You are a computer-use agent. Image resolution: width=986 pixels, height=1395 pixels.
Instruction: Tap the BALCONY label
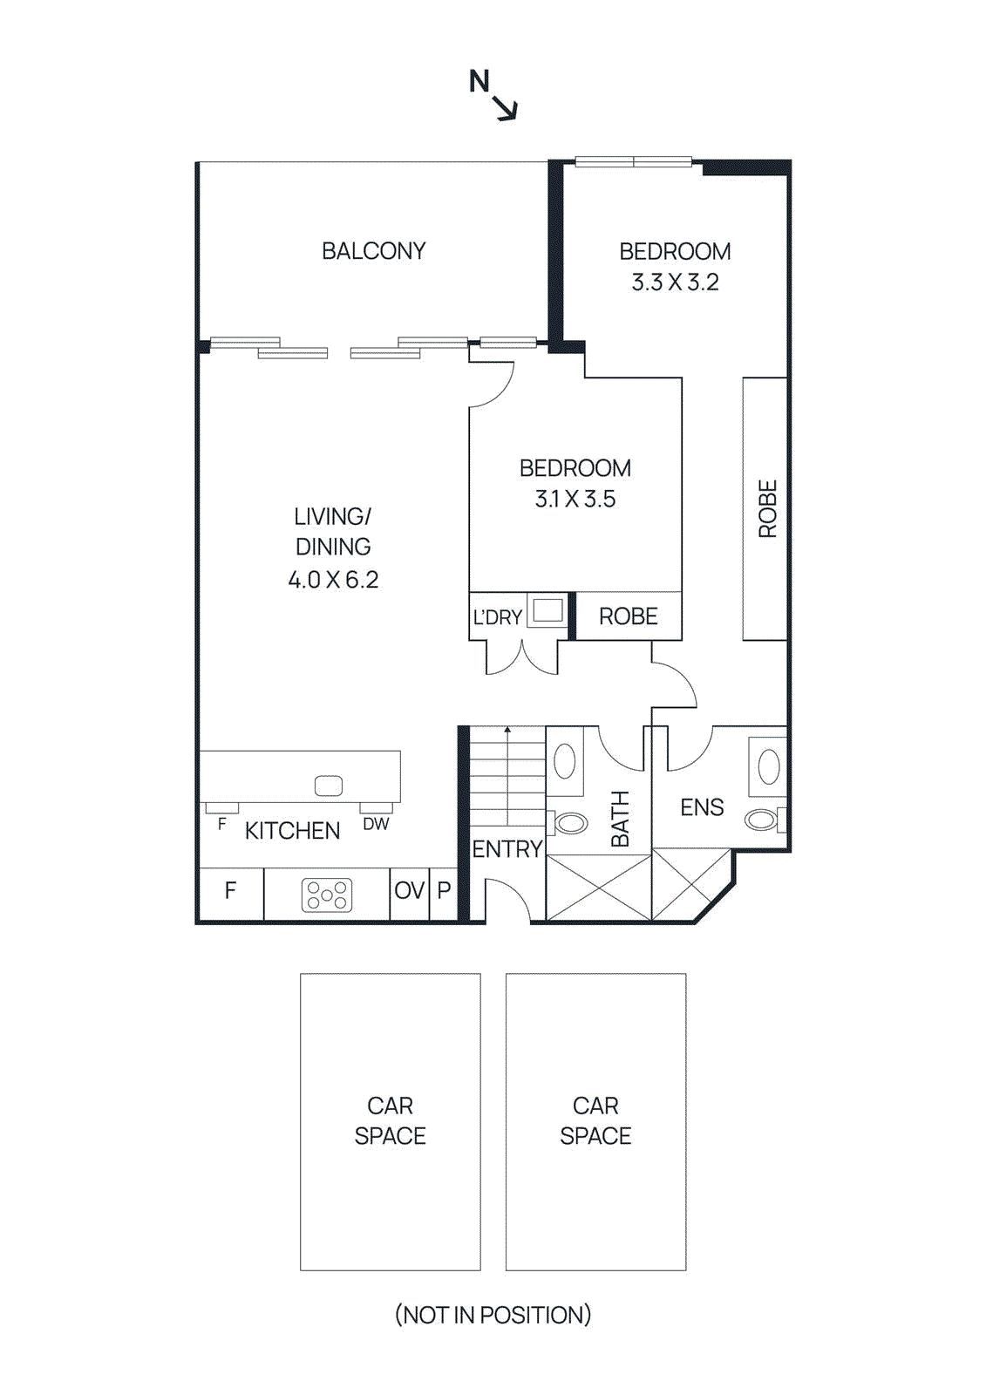pos(373,251)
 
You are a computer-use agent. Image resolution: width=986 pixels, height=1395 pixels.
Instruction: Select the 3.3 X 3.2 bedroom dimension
pos(675,282)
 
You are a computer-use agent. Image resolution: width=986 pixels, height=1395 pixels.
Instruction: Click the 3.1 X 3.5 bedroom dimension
pos(575,499)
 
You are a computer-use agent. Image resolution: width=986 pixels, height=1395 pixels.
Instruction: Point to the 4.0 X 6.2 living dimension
pos(333,580)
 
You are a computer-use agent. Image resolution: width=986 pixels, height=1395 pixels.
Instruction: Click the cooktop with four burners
pos(327,895)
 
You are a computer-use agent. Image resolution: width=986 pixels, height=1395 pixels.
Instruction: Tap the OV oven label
pos(409,890)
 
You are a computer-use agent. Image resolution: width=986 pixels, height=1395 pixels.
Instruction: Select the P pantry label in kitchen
pos(444,890)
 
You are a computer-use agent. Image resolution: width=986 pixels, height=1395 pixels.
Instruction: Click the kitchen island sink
pos(329,786)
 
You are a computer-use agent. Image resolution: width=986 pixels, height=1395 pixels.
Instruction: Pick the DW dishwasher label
pos(376,824)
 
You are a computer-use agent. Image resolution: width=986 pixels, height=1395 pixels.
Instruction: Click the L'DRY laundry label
pos(497,617)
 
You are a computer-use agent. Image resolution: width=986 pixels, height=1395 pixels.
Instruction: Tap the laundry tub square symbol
pos(548,610)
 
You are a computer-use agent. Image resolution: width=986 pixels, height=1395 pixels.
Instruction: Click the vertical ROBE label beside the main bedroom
pos(767,508)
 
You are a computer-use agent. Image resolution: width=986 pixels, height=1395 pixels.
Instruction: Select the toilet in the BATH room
pos(570,822)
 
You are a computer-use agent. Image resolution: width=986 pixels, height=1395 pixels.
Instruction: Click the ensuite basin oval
pos(769,767)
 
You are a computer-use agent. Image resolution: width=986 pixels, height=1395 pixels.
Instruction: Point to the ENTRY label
pos(507,848)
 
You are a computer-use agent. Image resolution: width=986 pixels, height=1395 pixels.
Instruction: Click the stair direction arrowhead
pos(507,730)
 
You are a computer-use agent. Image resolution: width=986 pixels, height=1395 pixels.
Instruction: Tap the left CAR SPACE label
pos(390,1120)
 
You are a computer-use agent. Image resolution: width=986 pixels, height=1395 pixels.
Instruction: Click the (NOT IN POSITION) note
pos(493,1315)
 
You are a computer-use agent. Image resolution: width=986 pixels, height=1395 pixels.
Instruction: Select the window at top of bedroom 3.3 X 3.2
pos(634,161)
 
